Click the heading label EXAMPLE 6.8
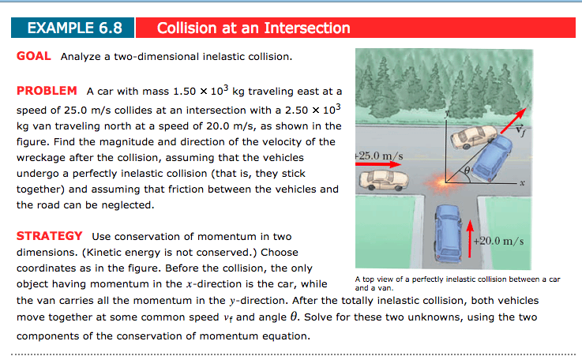pos(74,28)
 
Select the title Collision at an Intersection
pos(253,28)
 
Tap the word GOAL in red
pos(34,57)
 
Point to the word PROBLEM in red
pos(47,91)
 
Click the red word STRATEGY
pos(50,236)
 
